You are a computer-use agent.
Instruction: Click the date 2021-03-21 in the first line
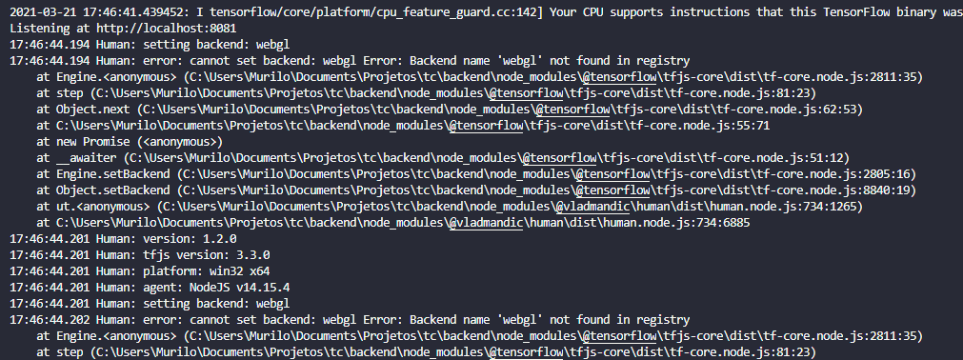coord(41,10)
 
